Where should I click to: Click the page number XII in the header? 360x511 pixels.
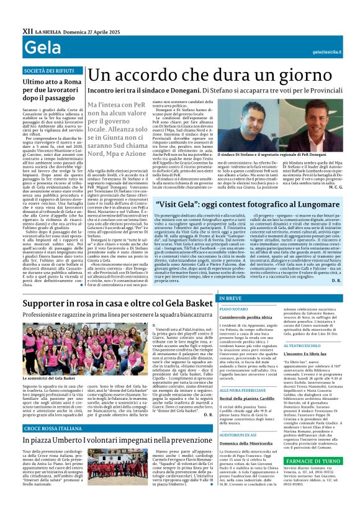pyautogui.click(x=27, y=30)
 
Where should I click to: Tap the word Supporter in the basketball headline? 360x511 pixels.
pyautogui.click(x=48, y=303)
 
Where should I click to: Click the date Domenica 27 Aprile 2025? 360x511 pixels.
pyautogui.click(x=86, y=30)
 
